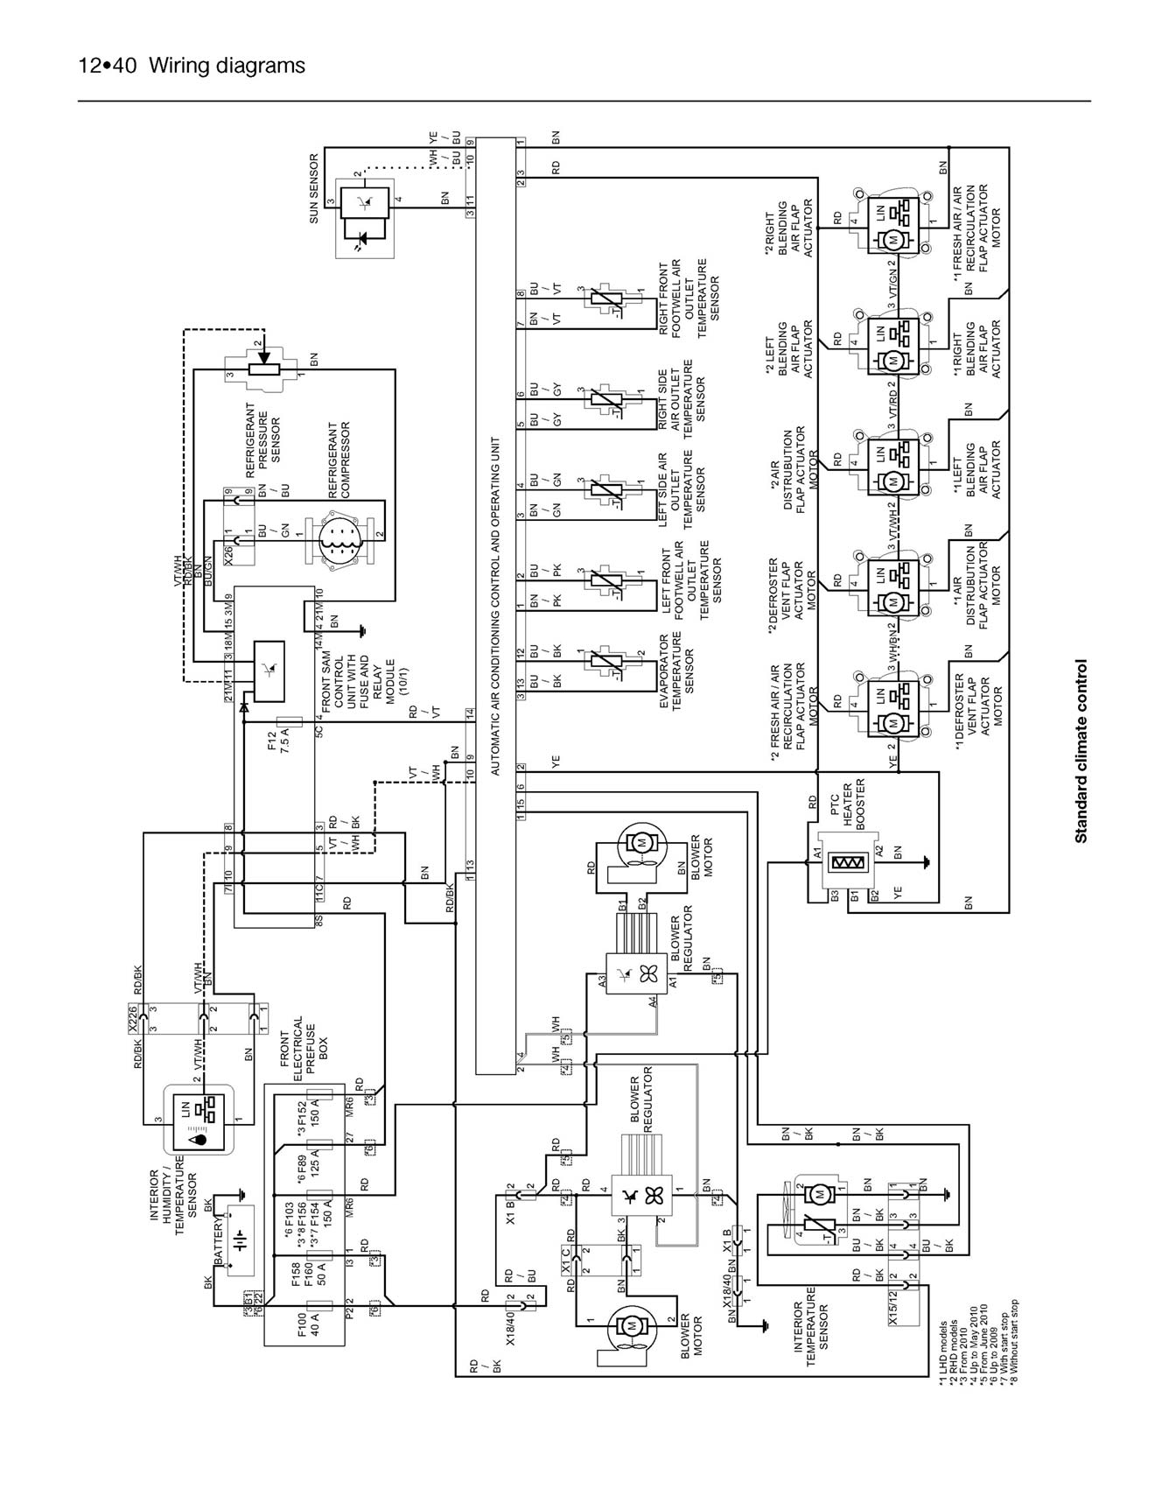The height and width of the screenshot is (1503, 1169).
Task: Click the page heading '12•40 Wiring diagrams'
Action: pyautogui.click(x=192, y=66)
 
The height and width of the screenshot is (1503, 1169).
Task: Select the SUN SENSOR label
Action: pyautogui.click(x=314, y=188)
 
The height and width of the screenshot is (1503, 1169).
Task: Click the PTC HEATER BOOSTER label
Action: pyautogui.click(x=847, y=804)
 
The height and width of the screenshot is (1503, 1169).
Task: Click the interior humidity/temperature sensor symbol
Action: pyautogui.click(x=199, y=1119)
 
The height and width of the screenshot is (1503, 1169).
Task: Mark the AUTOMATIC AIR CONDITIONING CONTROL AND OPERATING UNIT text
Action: pyautogui.click(x=495, y=606)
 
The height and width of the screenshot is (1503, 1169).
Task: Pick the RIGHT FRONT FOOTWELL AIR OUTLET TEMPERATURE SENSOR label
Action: pyautogui.click(x=688, y=298)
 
